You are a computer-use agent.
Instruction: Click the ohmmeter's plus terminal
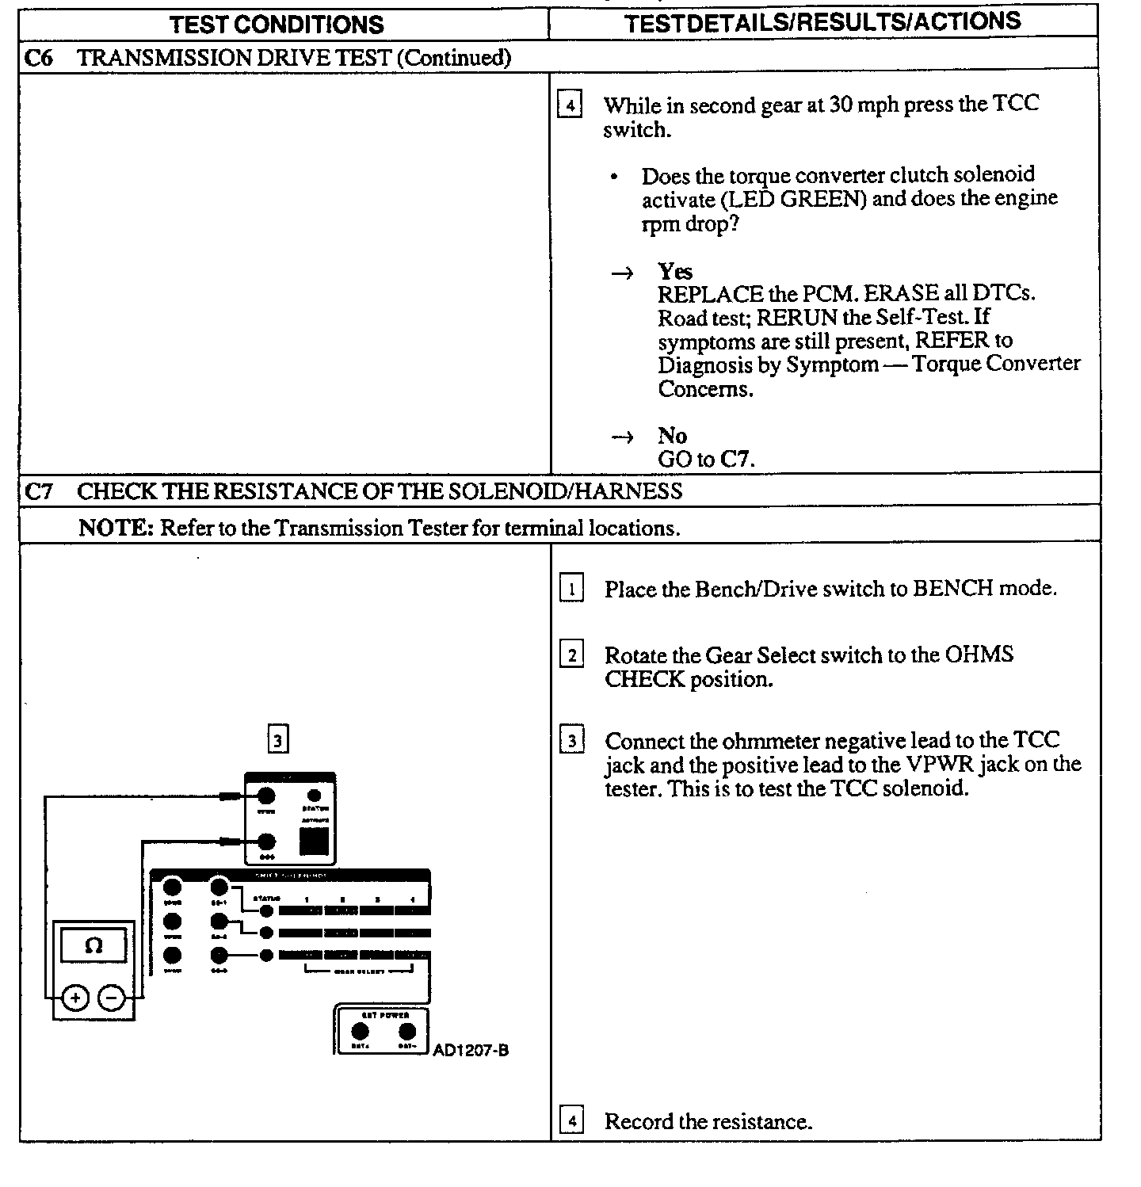pos(75,999)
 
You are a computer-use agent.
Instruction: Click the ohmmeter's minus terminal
pos(113,999)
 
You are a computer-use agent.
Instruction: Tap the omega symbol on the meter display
pos(93,946)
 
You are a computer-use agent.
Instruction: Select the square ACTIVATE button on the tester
pos(314,841)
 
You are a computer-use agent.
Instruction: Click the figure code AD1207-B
pos(471,1051)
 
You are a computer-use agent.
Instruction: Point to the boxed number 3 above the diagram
pos(277,740)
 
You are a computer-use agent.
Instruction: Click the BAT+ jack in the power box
pos(360,1031)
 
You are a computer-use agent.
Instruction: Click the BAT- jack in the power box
pos(407,1031)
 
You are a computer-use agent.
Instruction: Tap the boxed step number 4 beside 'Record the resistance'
pos(571,1121)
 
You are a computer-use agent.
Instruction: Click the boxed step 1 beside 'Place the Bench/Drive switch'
pos(571,589)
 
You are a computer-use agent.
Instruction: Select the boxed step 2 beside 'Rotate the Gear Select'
pos(571,655)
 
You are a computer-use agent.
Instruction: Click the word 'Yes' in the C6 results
pos(675,272)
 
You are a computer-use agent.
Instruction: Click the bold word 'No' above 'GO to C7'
pos(672,436)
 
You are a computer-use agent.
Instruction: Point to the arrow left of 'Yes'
pos(623,273)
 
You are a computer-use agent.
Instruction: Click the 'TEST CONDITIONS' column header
pos(277,24)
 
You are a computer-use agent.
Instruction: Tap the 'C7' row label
pos(39,491)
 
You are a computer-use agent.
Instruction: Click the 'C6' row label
pos(39,58)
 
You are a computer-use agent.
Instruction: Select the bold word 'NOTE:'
pos(116,529)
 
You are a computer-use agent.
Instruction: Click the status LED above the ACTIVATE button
pos(314,795)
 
